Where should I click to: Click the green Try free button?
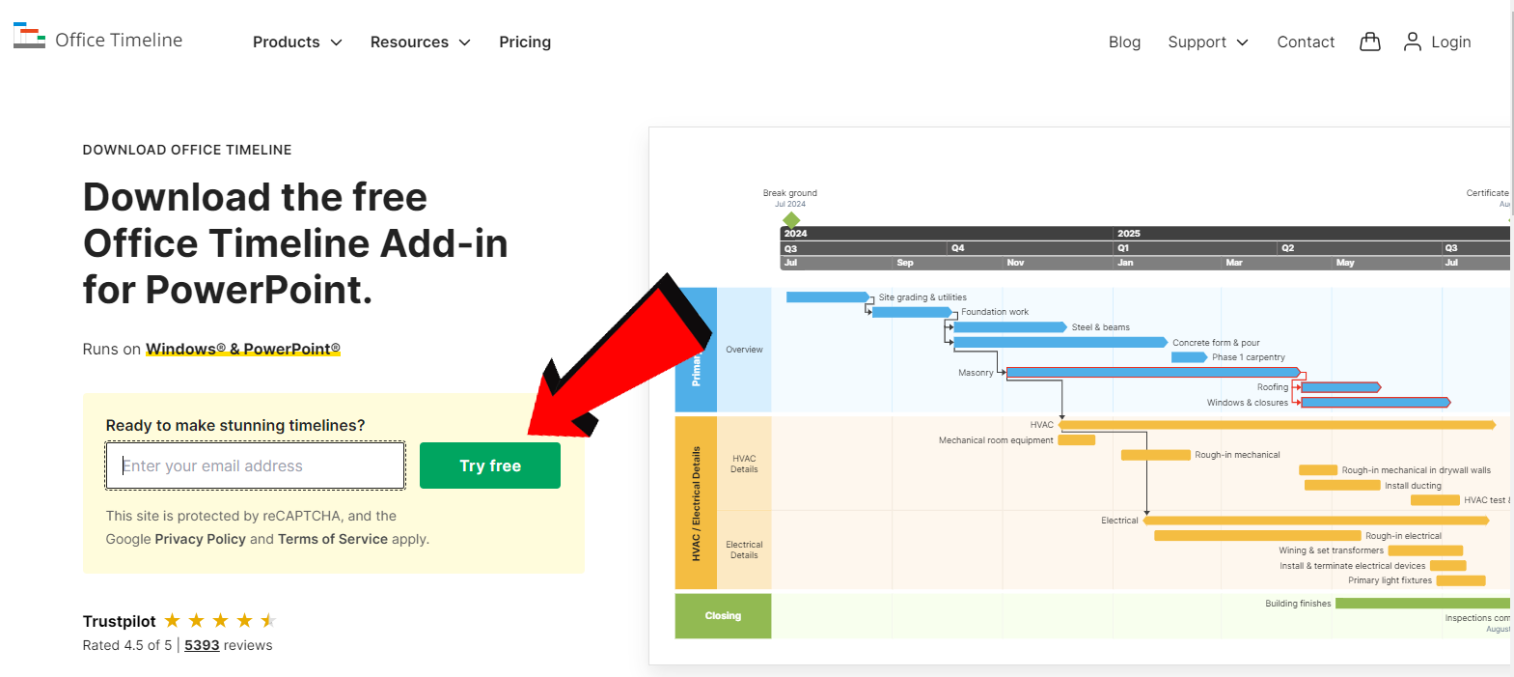point(489,465)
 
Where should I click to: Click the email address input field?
point(256,465)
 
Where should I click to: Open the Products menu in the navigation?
point(297,42)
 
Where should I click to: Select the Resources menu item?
point(420,42)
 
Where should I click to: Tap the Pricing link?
point(525,42)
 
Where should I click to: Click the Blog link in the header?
point(1124,42)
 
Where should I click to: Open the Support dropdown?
point(1207,42)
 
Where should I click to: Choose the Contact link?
point(1306,42)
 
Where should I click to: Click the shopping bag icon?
point(1369,42)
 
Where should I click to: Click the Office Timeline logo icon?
point(29,37)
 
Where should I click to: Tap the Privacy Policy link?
point(200,539)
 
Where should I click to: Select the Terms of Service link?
point(333,539)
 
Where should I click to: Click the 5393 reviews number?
point(202,645)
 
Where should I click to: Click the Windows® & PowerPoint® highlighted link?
point(242,349)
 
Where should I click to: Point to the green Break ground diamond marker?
point(791,220)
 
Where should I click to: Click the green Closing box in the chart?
point(723,615)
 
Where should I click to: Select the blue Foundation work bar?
point(911,312)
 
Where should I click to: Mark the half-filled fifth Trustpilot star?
point(268,620)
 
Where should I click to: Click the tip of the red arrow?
point(533,432)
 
